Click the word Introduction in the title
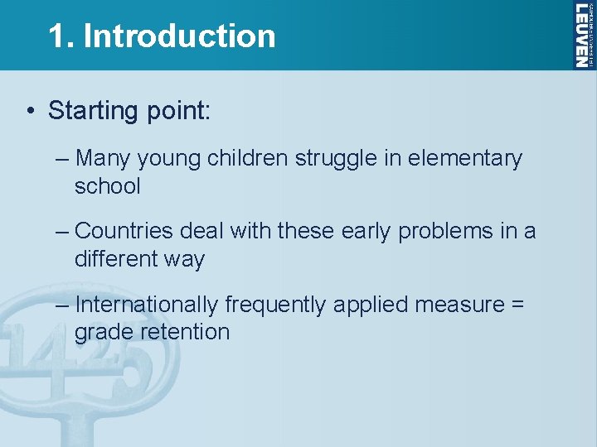coord(179,36)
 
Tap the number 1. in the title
coord(61,36)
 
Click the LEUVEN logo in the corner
coord(584,35)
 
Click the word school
coord(108,186)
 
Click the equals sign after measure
coord(517,305)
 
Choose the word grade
coord(102,333)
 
